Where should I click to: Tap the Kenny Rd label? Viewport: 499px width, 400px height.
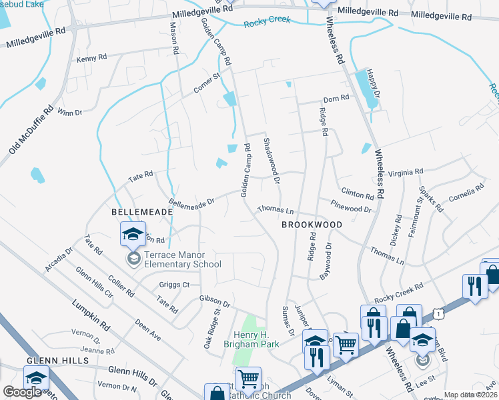pos(91,59)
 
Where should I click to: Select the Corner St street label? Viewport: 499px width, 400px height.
pos(207,86)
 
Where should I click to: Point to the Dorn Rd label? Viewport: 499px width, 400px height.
pos(336,98)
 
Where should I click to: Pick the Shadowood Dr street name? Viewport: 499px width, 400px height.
pos(271,157)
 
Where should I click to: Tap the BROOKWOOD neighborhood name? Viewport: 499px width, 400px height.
pos(311,225)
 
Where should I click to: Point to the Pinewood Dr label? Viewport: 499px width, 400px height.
pos(354,209)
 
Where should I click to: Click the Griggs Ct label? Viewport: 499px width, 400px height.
pos(175,284)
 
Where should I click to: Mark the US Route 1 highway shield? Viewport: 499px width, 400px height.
pos(436,312)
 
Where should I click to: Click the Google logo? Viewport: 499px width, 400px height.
pos(23,392)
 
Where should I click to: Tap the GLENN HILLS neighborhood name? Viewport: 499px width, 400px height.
pos(57,360)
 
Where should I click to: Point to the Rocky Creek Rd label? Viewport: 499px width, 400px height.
pos(399,287)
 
